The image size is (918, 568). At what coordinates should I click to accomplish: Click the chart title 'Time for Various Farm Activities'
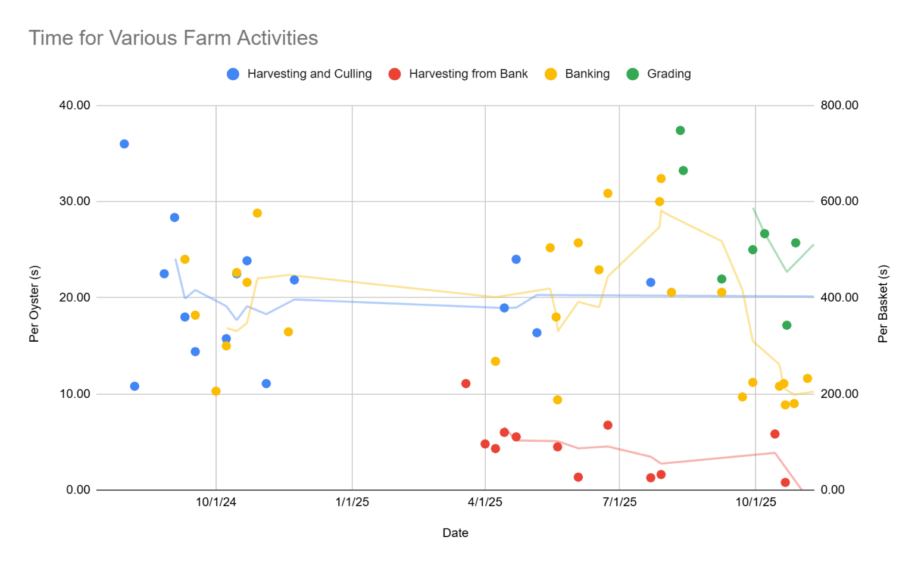point(173,38)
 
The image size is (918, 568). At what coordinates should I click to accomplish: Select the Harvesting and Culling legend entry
point(309,74)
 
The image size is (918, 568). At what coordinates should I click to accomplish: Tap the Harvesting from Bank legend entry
point(468,74)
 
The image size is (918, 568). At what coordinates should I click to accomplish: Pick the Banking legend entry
point(587,74)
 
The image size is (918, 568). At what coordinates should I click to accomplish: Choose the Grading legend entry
point(669,74)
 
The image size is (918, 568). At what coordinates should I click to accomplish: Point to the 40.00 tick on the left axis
point(74,105)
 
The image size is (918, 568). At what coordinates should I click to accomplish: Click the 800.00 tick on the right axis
point(839,105)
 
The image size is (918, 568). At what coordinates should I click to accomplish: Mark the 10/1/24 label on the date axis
point(216,502)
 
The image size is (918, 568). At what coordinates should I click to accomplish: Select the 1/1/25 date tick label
point(352,502)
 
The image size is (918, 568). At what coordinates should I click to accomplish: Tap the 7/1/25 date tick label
point(620,502)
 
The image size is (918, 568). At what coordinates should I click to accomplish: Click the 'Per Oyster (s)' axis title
point(34,304)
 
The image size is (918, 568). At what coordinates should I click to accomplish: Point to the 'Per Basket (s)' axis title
point(883,304)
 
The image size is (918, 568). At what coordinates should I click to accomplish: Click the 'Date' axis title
point(455,533)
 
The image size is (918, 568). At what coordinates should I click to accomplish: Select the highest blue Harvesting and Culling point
point(124,144)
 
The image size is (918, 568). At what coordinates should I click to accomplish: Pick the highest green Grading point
point(680,130)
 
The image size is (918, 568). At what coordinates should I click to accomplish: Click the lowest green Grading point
point(786,325)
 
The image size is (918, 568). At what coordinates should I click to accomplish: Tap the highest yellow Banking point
point(661,179)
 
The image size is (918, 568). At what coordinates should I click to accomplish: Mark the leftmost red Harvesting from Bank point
point(466,383)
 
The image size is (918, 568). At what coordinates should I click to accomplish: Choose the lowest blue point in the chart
point(135,386)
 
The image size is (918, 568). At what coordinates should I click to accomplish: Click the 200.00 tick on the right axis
point(839,394)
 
